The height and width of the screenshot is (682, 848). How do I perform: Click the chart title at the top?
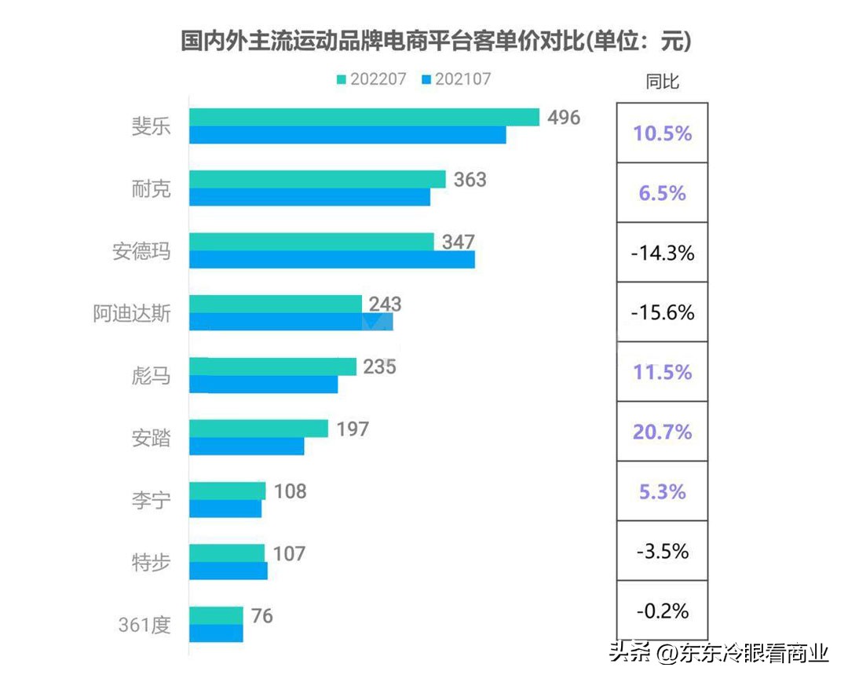tap(435, 41)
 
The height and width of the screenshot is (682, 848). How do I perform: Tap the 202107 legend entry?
tap(455, 79)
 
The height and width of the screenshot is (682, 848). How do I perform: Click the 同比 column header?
tap(662, 82)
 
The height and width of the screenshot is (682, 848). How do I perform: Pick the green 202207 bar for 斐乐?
tap(364, 117)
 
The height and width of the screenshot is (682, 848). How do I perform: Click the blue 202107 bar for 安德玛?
tap(331, 260)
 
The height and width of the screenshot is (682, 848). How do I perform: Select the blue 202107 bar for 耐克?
tap(309, 197)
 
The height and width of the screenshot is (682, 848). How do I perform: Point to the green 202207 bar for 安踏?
tap(258, 429)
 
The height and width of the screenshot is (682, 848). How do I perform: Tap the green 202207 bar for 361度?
tap(216, 615)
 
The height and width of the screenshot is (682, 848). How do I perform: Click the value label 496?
tap(564, 118)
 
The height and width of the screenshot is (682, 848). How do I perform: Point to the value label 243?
tap(386, 304)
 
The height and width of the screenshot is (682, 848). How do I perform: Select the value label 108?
tap(290, 491)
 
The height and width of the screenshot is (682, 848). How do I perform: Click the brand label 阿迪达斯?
tap(131, 313)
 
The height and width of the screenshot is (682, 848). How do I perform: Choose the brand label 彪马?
tap(152, 376)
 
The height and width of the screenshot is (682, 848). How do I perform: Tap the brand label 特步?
tap(152, 563)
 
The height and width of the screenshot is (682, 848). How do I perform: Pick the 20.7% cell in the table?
tap(662, 432)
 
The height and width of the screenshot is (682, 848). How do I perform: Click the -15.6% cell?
tap(662, 312)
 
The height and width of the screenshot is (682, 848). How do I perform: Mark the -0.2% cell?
tap(662, 611)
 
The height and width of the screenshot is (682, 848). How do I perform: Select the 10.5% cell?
tap(662, 133)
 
